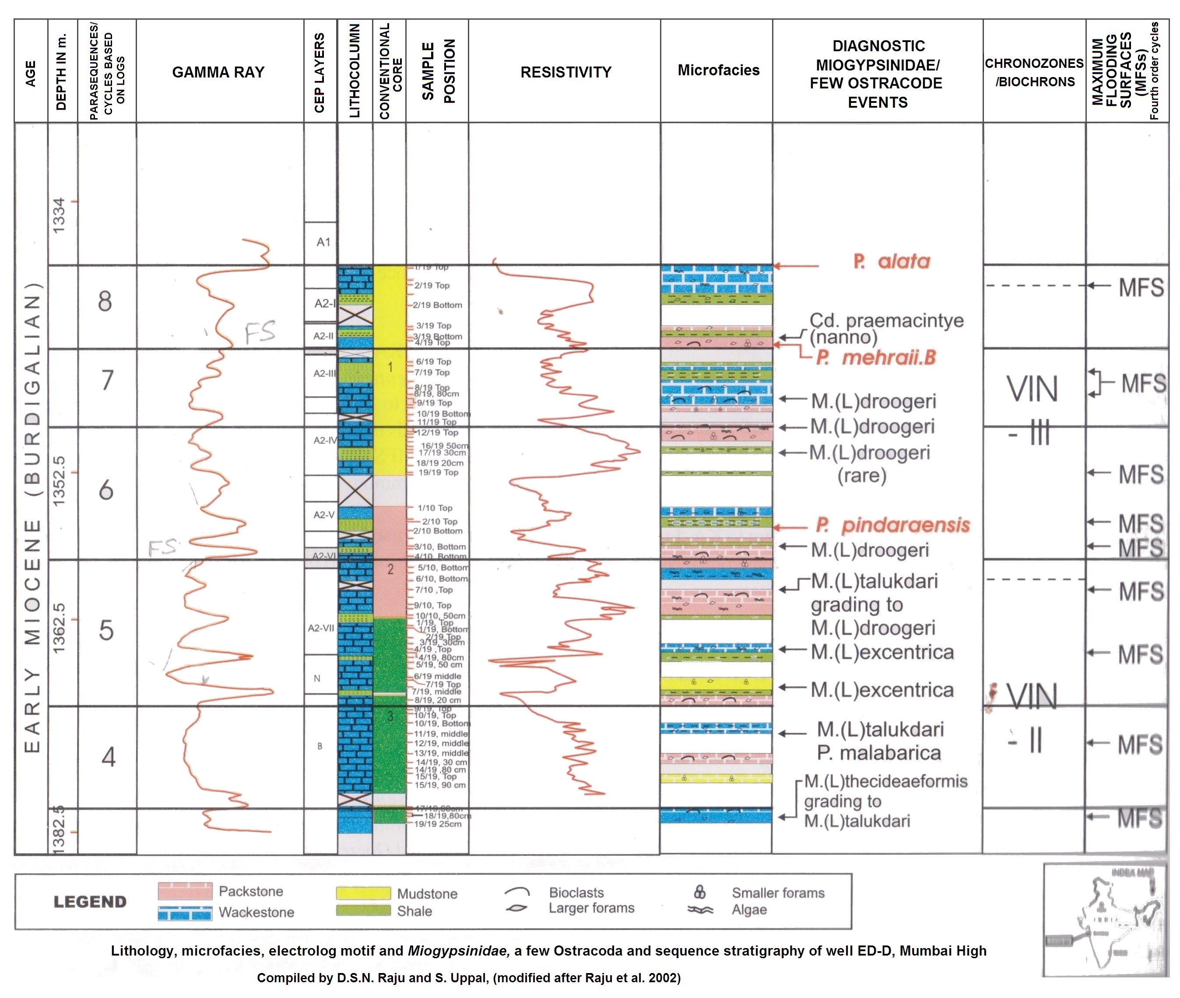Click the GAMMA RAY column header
(218, 72)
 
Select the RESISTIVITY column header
(565, 72)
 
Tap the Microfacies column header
(718, 70)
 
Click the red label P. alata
(892, 261)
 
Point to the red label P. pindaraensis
(892, 524)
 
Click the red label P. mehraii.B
(876, 357)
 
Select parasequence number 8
(105, 301)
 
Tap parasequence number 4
(108, 757)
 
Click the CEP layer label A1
(323, 242)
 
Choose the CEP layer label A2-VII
(321, 628)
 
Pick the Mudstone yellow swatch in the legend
(363, 893)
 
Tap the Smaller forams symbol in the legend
(700, 892)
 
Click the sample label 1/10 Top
(435, 508)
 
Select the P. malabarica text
(878, 753)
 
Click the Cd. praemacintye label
(886, 320)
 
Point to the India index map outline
(1106, 922)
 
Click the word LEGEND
(90, 901)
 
